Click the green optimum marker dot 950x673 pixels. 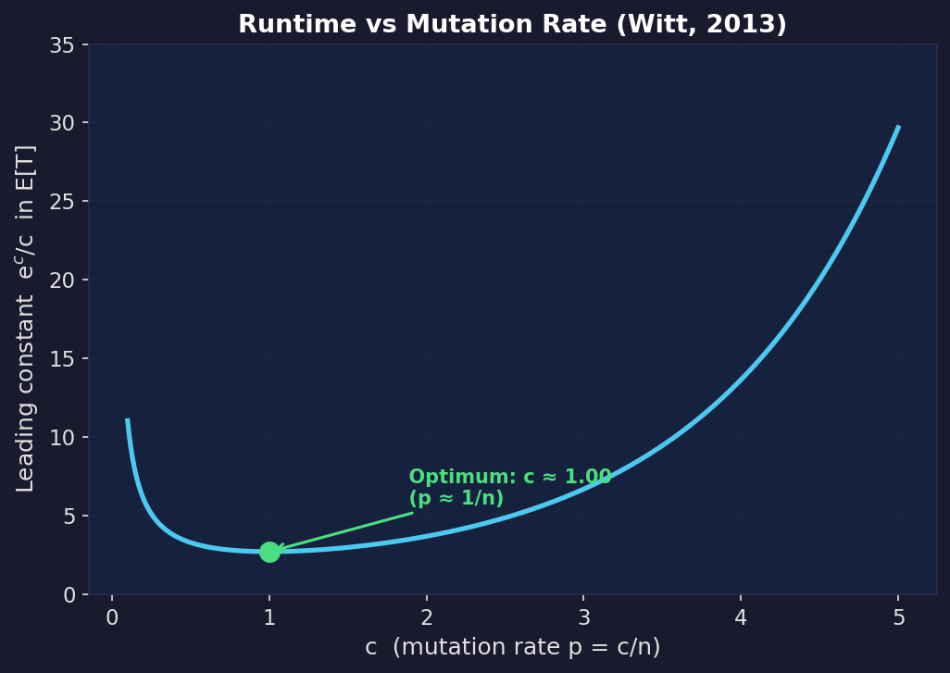[269, 552]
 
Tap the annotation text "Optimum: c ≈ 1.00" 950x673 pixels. [509, 477]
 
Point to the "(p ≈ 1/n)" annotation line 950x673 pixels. [456, 499]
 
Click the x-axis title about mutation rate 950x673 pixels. [512, 647]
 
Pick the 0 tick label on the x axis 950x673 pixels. [112, 617]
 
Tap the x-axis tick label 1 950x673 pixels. [269, 617]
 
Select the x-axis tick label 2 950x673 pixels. [427, 617]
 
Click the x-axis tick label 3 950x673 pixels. [583, 617]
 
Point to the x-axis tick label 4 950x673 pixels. [741, 617]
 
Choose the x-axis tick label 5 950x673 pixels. [898, 617]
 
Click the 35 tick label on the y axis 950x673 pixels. [63, 44]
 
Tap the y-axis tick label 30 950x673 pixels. [63, 123]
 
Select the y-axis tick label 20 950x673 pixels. [63, 280]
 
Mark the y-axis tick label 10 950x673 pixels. [63, 437]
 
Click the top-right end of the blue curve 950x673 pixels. [898, 127]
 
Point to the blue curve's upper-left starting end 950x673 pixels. [128, 420]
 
